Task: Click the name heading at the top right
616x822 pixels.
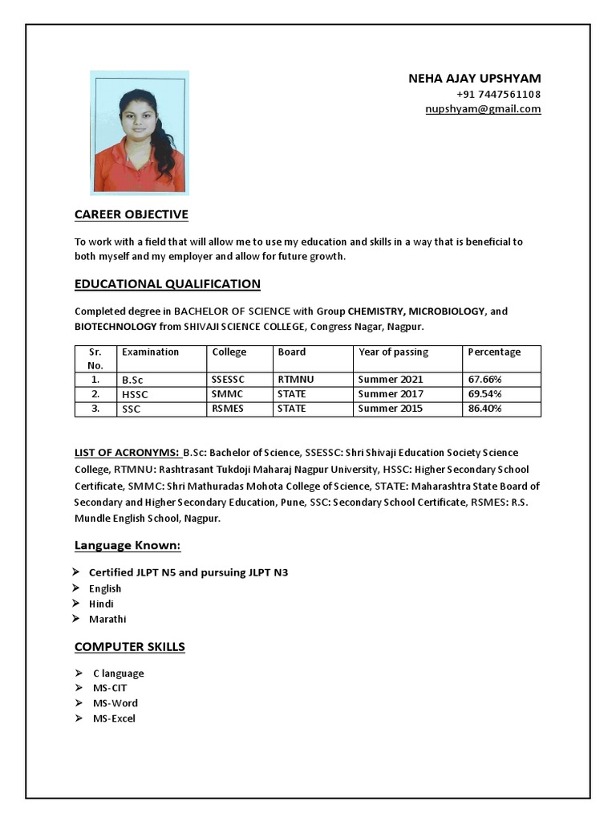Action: pos(474,79)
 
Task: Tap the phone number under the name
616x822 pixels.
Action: pos(498,94)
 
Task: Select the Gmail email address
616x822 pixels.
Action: pos(483,109)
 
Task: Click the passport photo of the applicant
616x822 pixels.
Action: pos(140,133)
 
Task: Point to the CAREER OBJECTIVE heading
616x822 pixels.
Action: pos(132,214)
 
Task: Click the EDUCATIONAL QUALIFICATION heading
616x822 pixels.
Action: pos(167,284)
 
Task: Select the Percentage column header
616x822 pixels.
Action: pos(494,352)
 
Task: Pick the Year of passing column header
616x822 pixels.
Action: pos(393,352)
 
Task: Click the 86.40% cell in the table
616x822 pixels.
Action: pos(484,409)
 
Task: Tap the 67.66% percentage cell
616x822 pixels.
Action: pos(484,379)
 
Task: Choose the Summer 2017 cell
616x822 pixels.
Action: pos(390,394)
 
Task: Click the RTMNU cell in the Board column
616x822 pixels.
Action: pos(294,379)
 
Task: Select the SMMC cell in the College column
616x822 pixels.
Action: pos(227,394)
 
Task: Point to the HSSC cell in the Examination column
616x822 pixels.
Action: pos(135,395)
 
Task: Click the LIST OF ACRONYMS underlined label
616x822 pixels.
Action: pos(127,453)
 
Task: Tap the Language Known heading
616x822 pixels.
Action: pos(128,546)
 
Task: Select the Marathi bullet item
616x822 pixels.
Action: pos(107,619)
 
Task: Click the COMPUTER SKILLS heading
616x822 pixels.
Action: pos(130,647)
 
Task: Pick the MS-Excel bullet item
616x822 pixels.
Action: pos(114,718)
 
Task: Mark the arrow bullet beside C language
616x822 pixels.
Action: pos(79,673)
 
